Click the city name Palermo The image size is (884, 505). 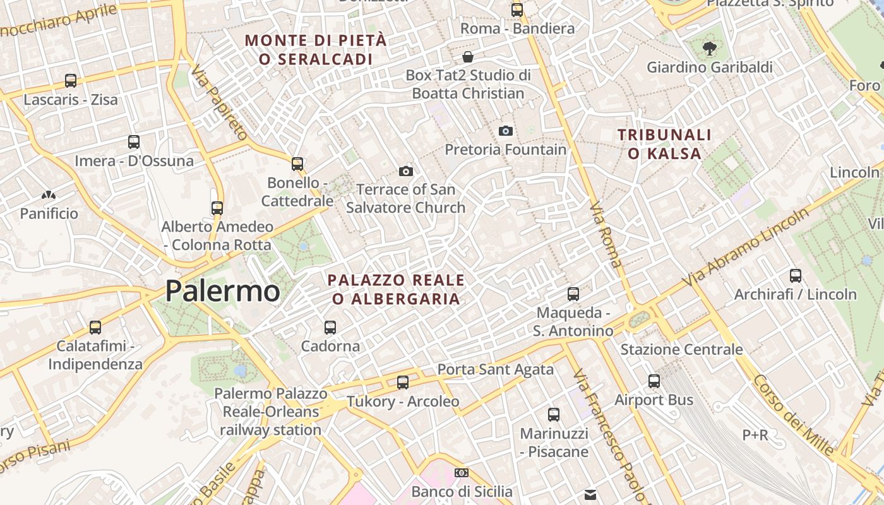222,292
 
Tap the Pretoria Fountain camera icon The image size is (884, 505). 506,131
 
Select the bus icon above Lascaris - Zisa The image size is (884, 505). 71,81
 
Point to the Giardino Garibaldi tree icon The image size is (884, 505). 710,48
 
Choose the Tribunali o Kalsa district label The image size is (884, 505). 664,144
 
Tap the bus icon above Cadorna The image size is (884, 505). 330,327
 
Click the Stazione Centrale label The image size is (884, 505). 681,349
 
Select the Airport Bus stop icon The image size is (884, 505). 654,381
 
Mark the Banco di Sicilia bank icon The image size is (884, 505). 462,472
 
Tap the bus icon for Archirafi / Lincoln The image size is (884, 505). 796,275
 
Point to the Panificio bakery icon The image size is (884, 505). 49,195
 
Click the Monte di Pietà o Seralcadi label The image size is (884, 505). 315,50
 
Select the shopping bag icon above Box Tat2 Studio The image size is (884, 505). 468,57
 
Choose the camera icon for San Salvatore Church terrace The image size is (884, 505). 406,171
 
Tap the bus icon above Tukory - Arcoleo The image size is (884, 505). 403,382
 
